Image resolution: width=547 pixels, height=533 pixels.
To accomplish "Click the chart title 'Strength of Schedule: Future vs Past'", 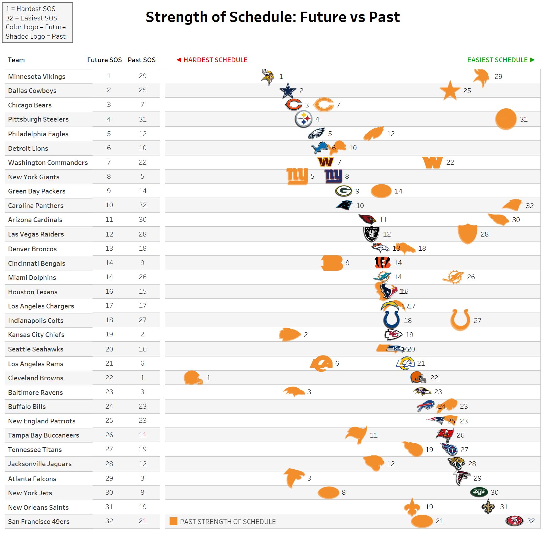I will click(273, 17).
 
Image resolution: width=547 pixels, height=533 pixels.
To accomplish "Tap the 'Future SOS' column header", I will click(104, 60).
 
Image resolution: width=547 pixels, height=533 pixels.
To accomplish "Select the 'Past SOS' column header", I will click(141, 60).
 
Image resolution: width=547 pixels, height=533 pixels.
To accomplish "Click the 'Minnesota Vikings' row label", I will click(37, 77).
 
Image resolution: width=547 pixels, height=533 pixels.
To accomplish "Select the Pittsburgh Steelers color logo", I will click(303, 119).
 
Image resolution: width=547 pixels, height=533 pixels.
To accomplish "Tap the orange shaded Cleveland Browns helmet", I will click(193, 378).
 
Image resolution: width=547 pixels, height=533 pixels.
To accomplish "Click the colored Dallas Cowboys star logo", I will click(288, 91).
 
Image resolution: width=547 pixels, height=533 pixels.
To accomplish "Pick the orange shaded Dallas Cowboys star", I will click(450, 90).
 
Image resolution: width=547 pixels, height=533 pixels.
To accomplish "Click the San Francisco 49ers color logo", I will click(514, 520).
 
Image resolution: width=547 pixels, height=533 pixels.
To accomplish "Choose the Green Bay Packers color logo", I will click(344, 191).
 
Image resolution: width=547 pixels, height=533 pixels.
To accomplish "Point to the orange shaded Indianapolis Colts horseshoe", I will click(460, 320).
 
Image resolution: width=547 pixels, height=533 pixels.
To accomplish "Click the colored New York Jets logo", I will click(479, 492).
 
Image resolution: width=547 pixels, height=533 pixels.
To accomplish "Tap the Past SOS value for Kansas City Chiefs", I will click(142, 334).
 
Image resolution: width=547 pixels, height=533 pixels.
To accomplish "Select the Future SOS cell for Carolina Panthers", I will click(109, 205).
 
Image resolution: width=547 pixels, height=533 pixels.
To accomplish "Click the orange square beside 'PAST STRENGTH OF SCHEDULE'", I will click(173, 521).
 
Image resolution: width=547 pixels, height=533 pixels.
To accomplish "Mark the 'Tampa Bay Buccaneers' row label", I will click(44, 435).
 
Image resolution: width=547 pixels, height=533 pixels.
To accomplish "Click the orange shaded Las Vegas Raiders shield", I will click(467, 234).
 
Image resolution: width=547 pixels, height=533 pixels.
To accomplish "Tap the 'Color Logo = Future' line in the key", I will click(36, 27).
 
